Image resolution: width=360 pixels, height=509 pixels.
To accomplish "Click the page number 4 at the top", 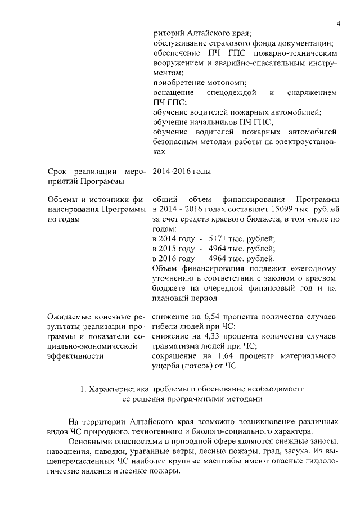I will point(339,23).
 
